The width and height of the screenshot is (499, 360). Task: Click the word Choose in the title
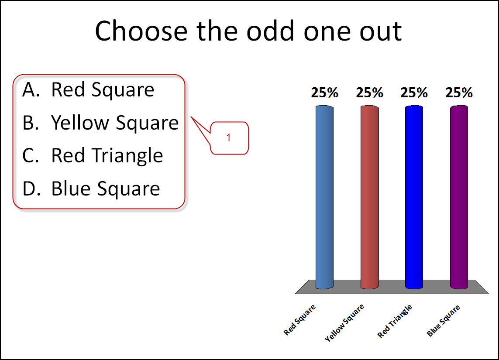(141, 31)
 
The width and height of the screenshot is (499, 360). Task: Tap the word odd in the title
(270, 31)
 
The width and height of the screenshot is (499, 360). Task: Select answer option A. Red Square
(89, 90)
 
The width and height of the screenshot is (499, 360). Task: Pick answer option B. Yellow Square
(100, 123)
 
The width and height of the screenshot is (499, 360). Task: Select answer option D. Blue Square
(91, 189)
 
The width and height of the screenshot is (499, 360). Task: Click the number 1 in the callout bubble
(228, 137)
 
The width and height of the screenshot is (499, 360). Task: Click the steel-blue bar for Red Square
(325, 197)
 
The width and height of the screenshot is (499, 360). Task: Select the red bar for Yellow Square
(369, 197)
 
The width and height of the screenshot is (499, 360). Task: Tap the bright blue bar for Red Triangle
(414, 197)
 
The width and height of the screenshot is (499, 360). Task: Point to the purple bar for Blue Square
(459, 197)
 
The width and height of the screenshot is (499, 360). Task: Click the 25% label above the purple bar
(459, 93)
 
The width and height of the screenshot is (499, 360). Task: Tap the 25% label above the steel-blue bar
(325, 93)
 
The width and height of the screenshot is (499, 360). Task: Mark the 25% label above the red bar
(369, 93)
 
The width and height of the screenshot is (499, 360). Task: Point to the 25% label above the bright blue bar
(414, 93)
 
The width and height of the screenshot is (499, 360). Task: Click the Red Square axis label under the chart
(299, 319)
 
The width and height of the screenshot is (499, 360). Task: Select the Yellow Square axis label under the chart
(344, 322)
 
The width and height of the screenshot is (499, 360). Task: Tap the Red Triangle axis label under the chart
(395, 321)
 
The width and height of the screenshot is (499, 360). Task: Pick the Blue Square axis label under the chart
(443, 321)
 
